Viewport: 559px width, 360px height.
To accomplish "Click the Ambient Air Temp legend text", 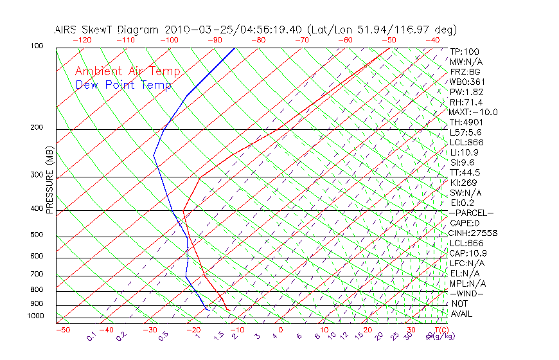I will click(x=127, y=71).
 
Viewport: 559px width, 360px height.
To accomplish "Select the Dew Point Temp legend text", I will click(x=123, y=85).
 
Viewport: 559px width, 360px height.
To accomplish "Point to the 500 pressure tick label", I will click(x=37, y=235).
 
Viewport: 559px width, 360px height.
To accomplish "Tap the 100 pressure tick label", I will click(x=37, y=46).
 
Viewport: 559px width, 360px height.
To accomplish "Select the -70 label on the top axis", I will click(x=301, y=40).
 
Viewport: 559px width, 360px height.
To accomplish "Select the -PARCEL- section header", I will click(x=471, y=213).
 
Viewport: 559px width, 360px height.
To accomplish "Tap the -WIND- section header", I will click(x=467, y=293).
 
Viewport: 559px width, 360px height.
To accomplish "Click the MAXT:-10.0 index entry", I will click(x=474, y=112).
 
